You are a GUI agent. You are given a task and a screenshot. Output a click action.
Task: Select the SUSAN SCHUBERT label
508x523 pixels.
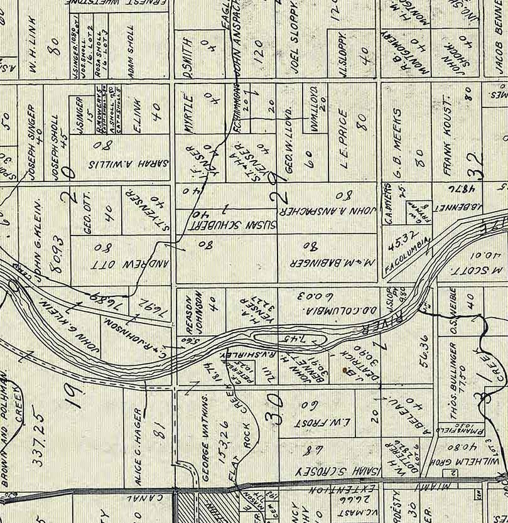pos(226,224)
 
